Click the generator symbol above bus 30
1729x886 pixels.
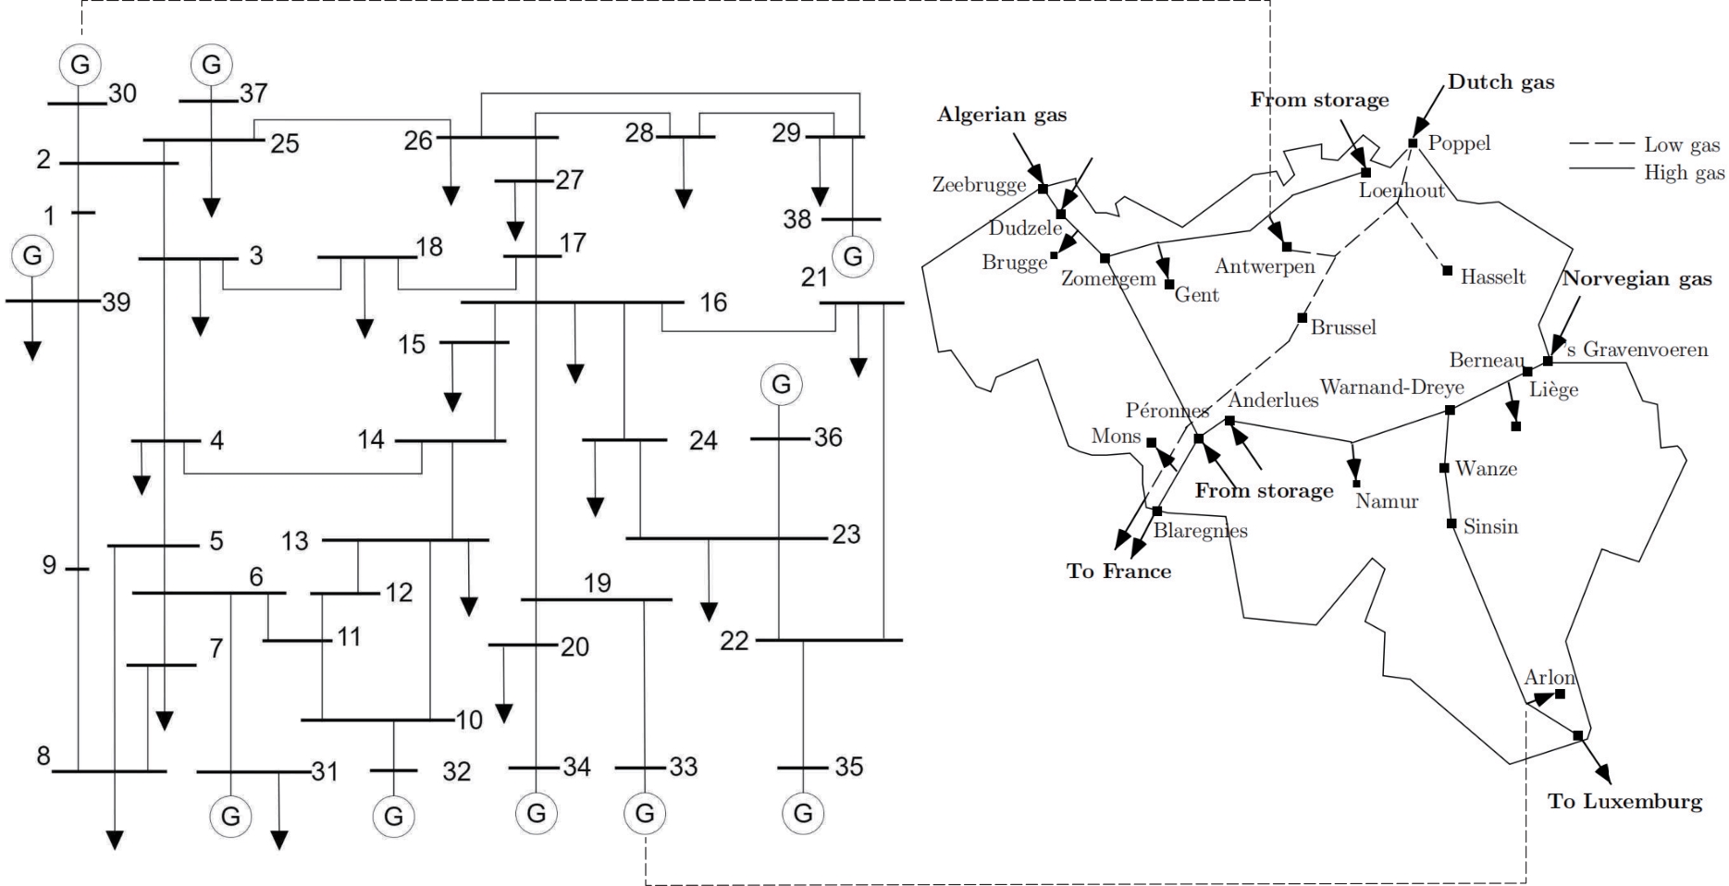coord(80,65)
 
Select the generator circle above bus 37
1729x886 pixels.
coord(211,65)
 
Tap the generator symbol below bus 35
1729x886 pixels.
coord(802,813)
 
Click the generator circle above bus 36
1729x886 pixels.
coord(781,384)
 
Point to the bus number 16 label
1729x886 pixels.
coord(713,302)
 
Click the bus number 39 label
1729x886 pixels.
coord(117,302)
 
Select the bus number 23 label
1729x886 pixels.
coord(846,535)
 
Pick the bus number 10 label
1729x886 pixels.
coord(469,720)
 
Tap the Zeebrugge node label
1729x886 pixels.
coord(979,185)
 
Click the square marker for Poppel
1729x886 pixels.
coord(1413,143)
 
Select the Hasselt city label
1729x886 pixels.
coord(1493,277)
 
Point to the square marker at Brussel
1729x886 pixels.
coord(1303,318)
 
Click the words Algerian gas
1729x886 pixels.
coord(1002,115)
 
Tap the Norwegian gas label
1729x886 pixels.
coord(1637,278)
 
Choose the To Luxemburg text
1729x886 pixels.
coord(1625,801)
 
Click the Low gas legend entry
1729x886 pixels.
coord(1645,144)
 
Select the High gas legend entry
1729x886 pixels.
coord(1647,172)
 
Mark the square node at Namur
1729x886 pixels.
coord(1357,484)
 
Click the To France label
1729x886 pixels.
coord(1119,571)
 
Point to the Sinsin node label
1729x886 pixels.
coord(1490,526)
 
